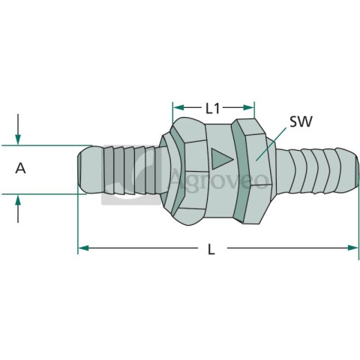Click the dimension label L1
point(212,109)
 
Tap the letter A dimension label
point(20,168)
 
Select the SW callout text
point(301,121)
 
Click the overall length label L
point(211,249)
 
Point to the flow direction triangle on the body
point(221,159)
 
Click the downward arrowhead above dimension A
point(18,139)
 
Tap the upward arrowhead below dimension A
point(18,199)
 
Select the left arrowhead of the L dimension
point(83,248)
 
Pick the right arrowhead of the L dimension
point(353,248)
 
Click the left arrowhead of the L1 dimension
point(178,108)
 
